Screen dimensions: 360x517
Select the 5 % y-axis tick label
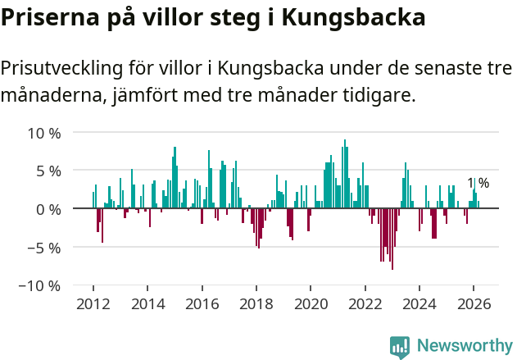(x=48, y=171)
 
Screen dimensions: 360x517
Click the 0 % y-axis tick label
(x=48, y=209)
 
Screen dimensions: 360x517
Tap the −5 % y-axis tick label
(x=44, y=248)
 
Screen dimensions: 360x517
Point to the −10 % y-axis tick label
(x=40, y=286)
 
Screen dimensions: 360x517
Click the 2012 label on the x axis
(x=93, y=304)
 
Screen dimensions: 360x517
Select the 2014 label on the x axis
(x=147, y=304)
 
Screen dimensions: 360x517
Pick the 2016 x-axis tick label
(x=202, y=304)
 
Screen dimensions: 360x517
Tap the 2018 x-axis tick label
(x=256, y=304)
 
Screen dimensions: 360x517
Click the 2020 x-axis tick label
(x=311, y=304)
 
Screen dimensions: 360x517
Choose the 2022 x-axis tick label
(x=365, y=304)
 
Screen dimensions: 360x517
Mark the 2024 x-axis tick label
(x=419, y=304)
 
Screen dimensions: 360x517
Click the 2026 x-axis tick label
(x=474, y=304)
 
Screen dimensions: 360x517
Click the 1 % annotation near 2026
(x=478, y=184)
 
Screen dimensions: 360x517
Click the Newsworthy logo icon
(x=400, y=346)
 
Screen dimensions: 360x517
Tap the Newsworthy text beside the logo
(x=464, y=346)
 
